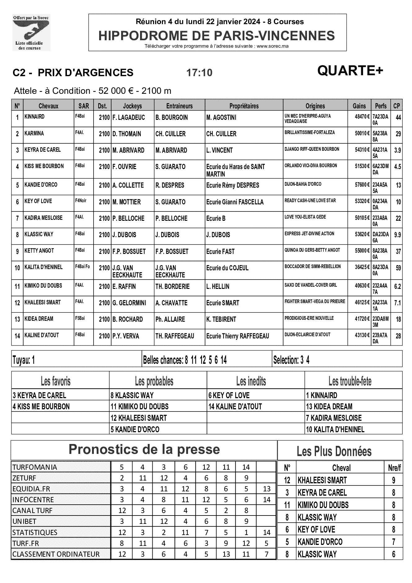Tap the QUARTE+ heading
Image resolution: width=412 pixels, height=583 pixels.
click(350, 71)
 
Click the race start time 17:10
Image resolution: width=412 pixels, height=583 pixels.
click(199, 73)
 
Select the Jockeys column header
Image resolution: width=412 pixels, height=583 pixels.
click(132, 106)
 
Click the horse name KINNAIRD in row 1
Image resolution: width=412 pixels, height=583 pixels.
click(35, 117)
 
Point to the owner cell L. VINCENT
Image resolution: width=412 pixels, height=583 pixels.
click(219, 150)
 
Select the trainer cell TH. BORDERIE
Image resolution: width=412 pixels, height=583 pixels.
click(172, 286)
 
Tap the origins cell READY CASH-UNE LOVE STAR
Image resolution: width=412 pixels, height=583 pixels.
click(310, 201)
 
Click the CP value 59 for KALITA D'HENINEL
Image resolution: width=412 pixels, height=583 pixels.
click(398, 268)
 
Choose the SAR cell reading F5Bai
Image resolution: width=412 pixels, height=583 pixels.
click(80, 318)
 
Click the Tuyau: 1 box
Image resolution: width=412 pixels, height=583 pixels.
click(24, 360)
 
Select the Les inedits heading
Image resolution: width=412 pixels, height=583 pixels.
click(251, 381)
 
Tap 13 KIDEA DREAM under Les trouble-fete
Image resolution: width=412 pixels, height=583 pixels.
click(329, 407)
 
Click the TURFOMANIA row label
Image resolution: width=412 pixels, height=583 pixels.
click(35, 467)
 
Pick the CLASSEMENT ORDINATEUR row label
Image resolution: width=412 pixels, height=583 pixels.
click(56, 554)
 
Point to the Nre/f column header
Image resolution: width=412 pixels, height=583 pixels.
click(394, 468)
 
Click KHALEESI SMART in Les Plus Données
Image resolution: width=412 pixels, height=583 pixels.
click(322, 480)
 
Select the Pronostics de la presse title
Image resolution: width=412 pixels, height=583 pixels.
click(144, 449)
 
